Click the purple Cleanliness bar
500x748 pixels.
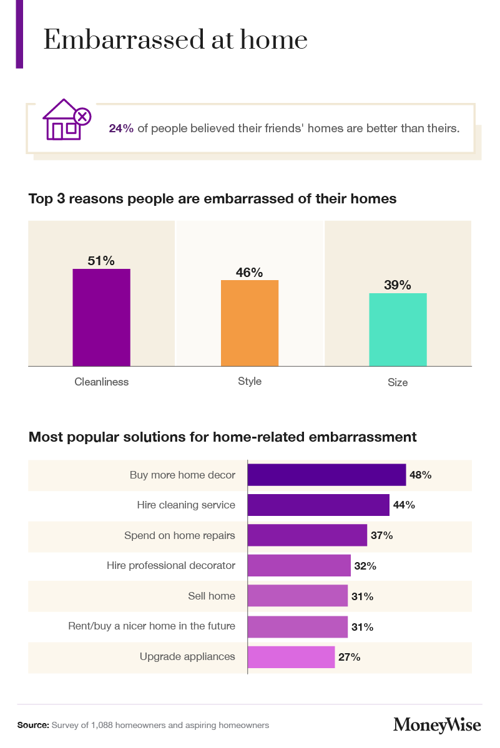coord(101,317)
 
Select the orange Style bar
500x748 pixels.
coord(250,323)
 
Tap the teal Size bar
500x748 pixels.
coord(398,329)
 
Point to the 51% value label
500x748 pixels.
coord(101,261)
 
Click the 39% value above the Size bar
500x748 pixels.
coord(398,285)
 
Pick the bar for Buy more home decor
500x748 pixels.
coord(326,475)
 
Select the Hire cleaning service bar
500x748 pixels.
coord(318,505)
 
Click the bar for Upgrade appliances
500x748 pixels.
coord(291,657)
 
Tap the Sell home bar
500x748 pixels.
coord(297,596)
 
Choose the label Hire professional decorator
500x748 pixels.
coord(171,566)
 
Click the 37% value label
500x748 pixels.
coord(382,535)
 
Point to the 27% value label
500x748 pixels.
coord(350,657)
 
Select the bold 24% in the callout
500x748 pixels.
coord(121,129)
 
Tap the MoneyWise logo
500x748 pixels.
coord(437,725)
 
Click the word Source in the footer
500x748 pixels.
coord(32,726)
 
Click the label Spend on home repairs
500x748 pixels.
coord(180,535)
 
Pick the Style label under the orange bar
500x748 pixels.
coord(250,381)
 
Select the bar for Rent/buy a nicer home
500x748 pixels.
coord(297,626)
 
